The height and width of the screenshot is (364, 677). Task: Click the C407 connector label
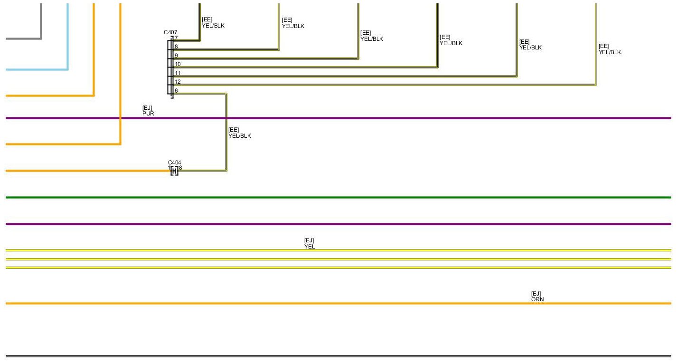tap(170, 32)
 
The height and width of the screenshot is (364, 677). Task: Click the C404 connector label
tap(174, 163)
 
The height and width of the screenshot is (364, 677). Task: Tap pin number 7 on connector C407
tap(176, 38)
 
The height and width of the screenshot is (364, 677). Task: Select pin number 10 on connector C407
tap(178, 64)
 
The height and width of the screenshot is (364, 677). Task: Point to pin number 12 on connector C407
tap(178, 82)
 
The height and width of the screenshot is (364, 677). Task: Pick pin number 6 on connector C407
tap(176, 91)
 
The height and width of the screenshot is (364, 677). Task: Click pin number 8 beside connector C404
tap(180, 168)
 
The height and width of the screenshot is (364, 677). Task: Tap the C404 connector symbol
tap(174, 171)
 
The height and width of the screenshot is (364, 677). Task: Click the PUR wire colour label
tap(148, 114)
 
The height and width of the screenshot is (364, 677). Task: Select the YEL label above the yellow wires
tap(310, 247)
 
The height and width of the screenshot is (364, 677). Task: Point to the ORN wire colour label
tap(537, 299)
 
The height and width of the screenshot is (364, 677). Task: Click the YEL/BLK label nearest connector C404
tap(240, 136)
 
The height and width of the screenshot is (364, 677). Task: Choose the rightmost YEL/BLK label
tap(610, 52)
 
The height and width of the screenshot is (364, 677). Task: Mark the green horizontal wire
tap(332, 197)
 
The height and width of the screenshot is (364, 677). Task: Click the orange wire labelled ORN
tap(332, 303)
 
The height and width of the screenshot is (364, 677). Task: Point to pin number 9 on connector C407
tap(176, 56)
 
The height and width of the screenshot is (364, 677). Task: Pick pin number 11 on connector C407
tap(178, 73)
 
